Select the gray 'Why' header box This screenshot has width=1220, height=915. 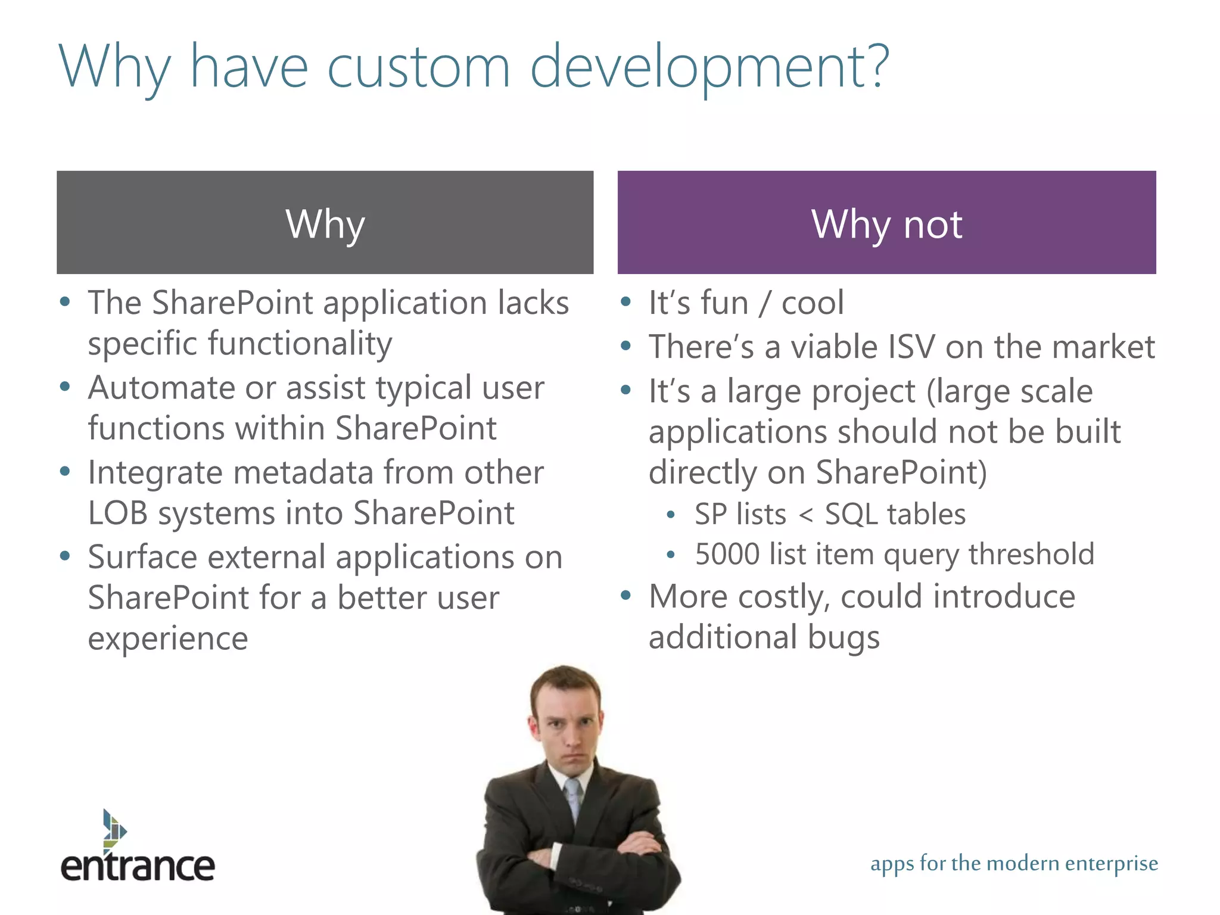click(x=325, y=222)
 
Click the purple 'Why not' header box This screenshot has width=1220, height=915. click(x=886, y=222)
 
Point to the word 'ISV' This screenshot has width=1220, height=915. click(x=911, y=347)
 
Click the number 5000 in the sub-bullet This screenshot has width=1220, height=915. click(x=727, y=554)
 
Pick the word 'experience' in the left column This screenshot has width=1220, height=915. click(x=167, y=639)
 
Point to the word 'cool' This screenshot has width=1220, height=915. click(x=813, y=303)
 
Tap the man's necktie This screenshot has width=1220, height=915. click(x=573, y=798)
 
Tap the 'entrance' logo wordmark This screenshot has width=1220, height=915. click(x=138, y=867)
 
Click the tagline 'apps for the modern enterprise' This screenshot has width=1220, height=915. click(x=1014, y=863)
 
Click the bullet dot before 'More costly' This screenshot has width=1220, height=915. click(x=625, y=595)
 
